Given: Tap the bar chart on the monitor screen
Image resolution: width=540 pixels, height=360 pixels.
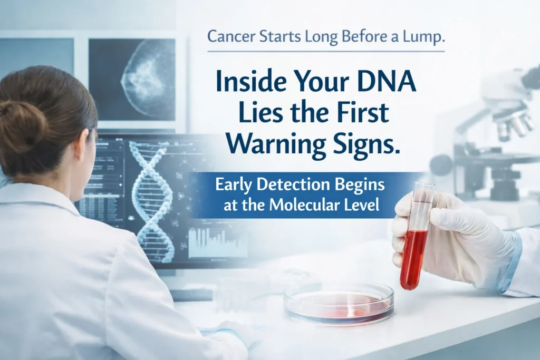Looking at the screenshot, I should click(216, 242).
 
